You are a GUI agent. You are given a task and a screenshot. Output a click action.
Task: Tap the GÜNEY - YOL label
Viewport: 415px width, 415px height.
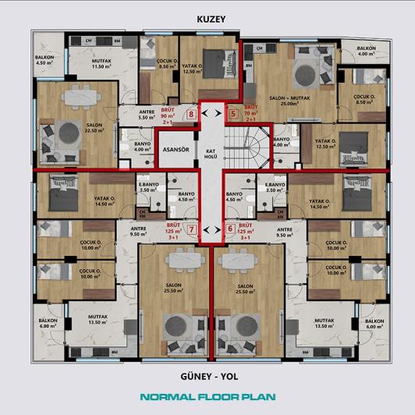207,375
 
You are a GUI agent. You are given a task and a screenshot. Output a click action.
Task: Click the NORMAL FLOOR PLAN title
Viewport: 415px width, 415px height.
207,397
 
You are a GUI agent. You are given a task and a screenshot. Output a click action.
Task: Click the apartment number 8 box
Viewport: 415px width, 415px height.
192,114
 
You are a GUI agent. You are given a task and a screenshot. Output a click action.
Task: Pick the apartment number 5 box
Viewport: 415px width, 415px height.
232,114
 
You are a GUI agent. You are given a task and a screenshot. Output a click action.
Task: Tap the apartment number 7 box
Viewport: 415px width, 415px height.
192,229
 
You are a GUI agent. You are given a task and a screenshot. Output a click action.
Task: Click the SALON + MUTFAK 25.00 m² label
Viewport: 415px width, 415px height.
289,100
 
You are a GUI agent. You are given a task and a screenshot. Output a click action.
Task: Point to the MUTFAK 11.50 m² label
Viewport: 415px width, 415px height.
103,64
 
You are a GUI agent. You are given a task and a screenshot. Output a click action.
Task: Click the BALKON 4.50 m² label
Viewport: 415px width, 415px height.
45,61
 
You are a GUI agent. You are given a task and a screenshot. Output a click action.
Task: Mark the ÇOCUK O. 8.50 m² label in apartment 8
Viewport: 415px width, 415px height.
165,64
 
